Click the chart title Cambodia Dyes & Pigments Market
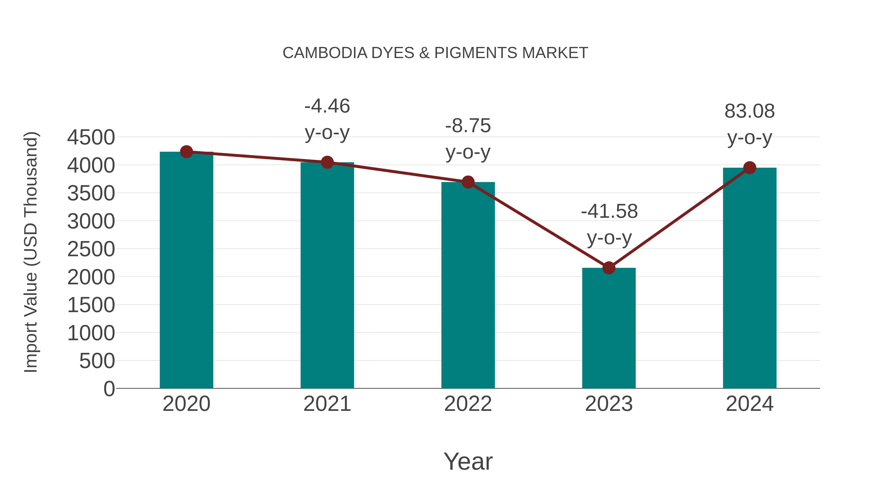pos(435,53)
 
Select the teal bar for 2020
pos(186,271)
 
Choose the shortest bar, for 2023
pos(609,328)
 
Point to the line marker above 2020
pos(186,152)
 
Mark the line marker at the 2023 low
pos(609,268)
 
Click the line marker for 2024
pos(750,168)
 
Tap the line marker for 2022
pos(468,182)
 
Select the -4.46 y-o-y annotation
pos(327,119)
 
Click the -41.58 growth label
pos(609,224)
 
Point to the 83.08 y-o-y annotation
pos(750,124)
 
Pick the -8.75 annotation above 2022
pos(468,139)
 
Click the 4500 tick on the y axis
pos(91,138)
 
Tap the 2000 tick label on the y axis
pos(91,277)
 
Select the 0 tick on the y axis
pos(109,389)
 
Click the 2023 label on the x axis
pos(609,404)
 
